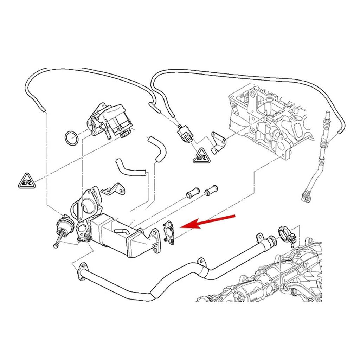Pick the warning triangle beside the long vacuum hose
[26, 181]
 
